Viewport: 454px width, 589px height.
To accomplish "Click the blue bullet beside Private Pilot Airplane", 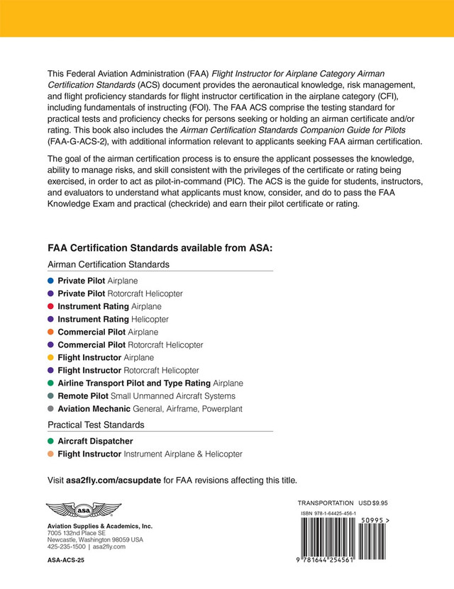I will (x=51, y=281).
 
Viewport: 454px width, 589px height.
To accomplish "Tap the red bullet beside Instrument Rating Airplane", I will (x=51, y=306).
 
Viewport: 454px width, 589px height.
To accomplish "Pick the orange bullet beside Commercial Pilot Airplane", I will (x=51, y=332).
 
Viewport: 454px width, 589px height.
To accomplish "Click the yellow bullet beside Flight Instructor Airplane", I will (x=51, y=357).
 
